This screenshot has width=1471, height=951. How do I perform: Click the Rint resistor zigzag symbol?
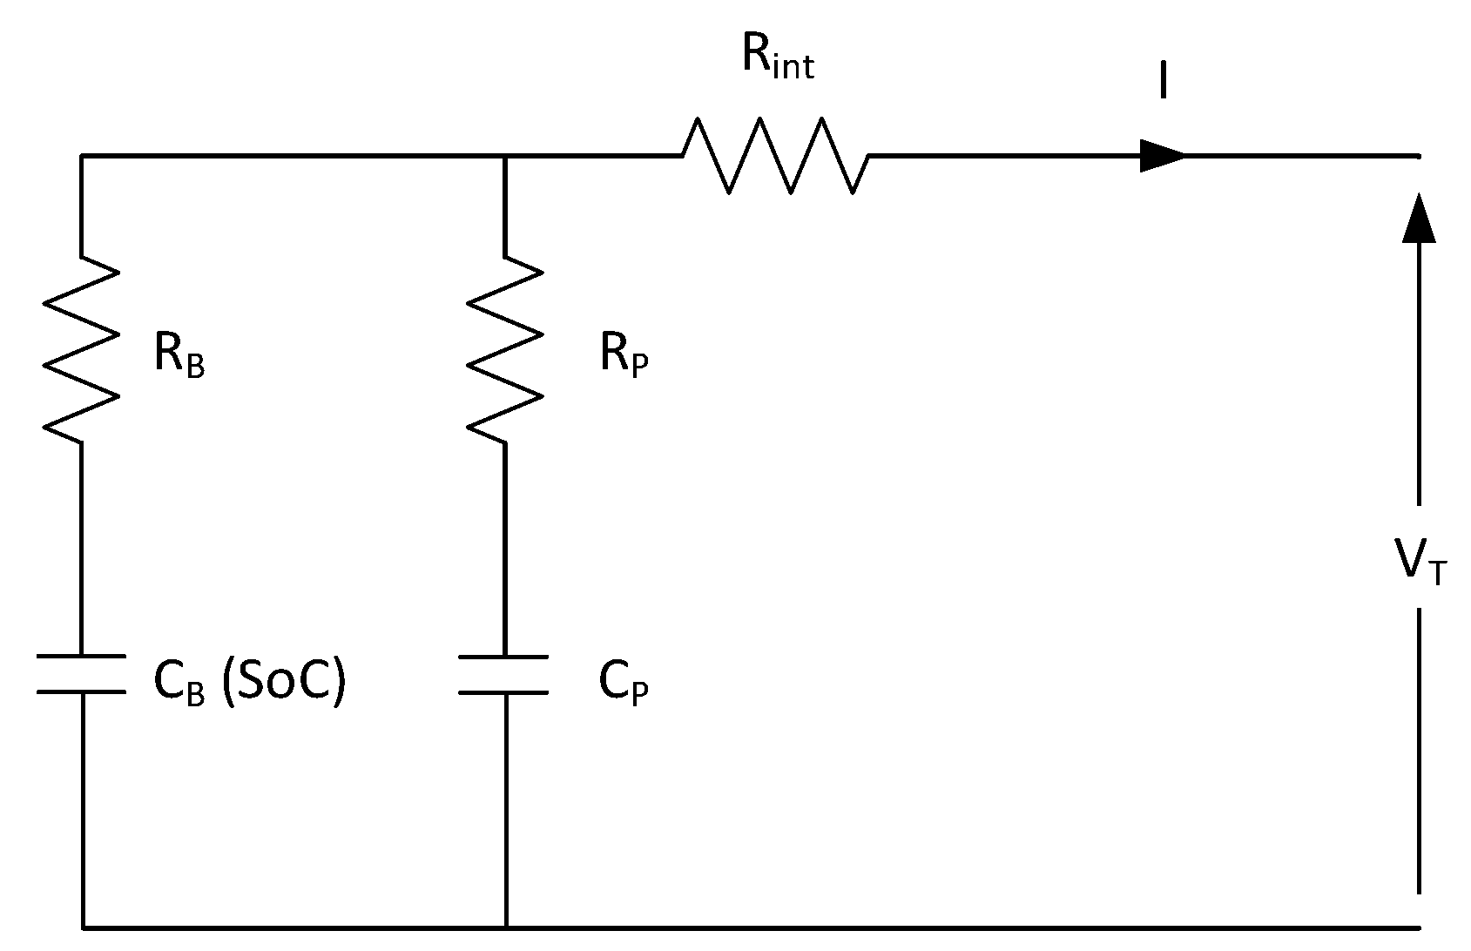tap(775, 156)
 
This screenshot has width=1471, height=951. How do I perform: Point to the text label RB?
tap(179, 355)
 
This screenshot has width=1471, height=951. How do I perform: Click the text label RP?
tap(624, 355)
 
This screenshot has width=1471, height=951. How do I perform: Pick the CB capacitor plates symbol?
tap(81, 674)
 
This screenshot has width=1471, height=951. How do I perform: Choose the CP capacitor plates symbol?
tap(504, 674)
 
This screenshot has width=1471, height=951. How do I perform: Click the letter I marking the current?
tap(1163, 84)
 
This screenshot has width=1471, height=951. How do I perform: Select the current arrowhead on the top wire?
tap(1163, 156)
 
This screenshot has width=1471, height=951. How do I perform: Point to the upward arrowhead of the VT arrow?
tap(1420, 218)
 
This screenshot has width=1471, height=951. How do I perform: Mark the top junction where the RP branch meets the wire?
tap(505, 157)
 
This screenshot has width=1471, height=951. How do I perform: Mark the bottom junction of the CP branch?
tap(505, 927)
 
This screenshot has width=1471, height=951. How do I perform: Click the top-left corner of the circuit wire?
tap(82, 157)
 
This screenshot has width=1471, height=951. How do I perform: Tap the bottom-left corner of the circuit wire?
tap(84, 927)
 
